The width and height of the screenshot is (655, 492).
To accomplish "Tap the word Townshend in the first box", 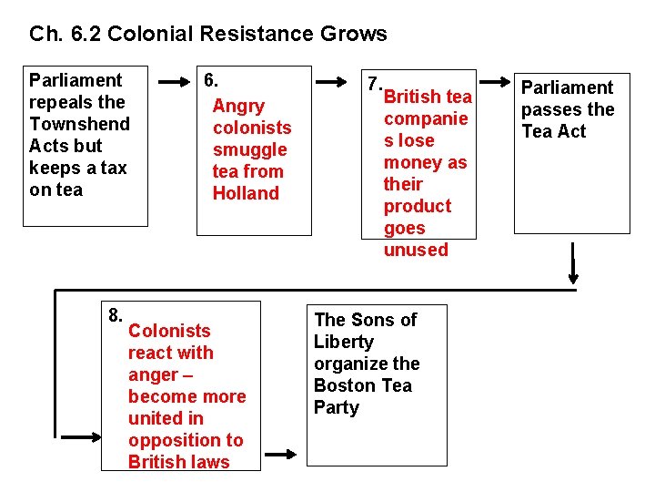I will (x=80, y=124).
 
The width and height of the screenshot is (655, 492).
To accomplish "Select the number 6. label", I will (x=210, y=80).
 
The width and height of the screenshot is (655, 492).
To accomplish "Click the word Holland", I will (x=246, y=193).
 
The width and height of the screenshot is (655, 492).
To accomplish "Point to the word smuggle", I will (x=250, y=149).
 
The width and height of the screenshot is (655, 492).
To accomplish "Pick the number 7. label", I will (x=372, y=83).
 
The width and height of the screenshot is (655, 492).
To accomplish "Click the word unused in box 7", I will (x=416, y=250).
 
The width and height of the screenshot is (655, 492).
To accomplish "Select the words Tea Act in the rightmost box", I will (x=554, y=131).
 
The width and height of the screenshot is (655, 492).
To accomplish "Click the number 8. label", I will (x=116, y=315).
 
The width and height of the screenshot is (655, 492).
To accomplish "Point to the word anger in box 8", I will (x=153, y=374).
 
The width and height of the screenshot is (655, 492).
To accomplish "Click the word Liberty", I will (x=344, y=342).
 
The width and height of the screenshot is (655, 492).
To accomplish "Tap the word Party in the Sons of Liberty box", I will (x=337, y=407).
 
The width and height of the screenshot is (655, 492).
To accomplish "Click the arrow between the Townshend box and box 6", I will (x=173, y=83).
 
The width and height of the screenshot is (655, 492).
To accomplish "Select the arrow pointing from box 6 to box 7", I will (x=338, y=83).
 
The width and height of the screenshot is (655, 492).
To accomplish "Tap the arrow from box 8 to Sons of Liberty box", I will (x=282, y=453).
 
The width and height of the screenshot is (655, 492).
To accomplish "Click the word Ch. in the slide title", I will (x=45, y=35).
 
